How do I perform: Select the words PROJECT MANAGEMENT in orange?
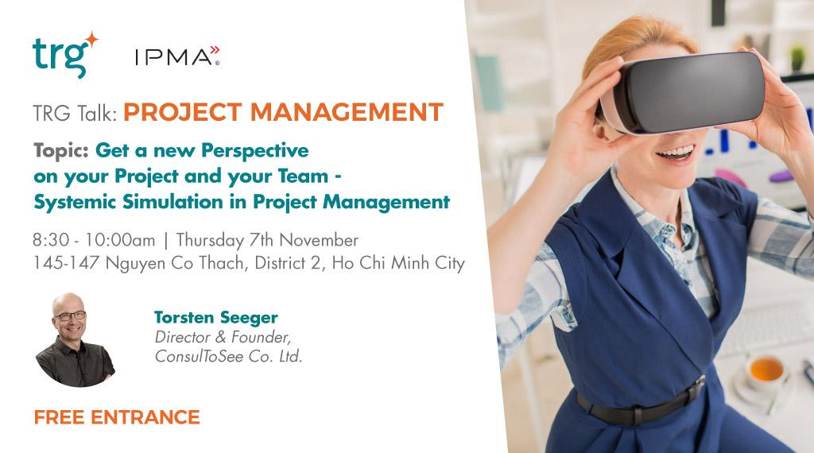tap(283, 112)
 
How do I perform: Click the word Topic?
tap(61, 149)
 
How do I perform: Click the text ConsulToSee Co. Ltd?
tap(229, 356)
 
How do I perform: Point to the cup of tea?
tap(766, 370)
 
